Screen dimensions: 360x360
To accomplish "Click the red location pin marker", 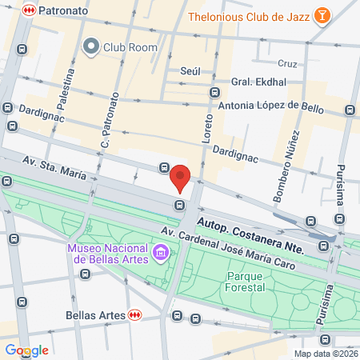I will click(181, 178).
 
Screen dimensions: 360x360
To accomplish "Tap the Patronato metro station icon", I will click(29, 10).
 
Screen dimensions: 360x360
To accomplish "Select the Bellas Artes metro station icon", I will click(135, 315).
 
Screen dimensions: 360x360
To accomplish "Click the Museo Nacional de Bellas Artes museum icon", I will click(162, 254).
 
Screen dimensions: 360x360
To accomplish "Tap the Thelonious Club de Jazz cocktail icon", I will click(321, 17).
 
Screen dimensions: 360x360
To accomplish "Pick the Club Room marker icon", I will click(90, 46).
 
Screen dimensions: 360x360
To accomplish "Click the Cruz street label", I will click(287, 63).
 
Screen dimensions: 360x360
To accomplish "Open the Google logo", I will click(26, 350).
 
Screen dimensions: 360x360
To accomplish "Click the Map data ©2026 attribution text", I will click(325, 354).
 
